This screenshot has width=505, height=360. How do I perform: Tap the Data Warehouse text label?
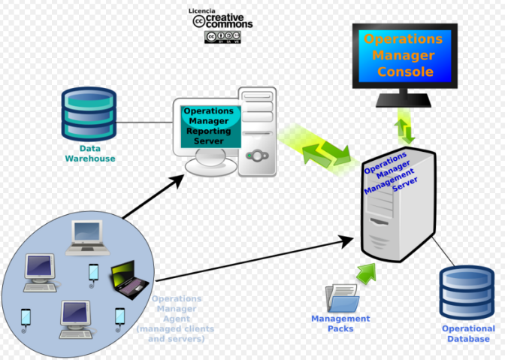pos(89,154)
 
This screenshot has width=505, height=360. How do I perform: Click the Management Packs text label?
pos(340,323)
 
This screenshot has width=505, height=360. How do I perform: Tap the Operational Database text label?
pos(468,334)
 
